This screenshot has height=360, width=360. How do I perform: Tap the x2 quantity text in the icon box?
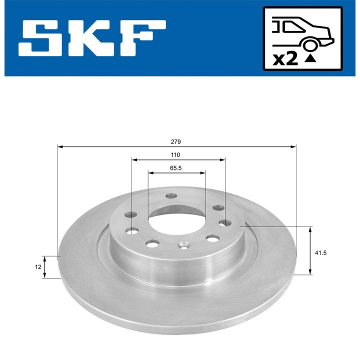tap(286, 59)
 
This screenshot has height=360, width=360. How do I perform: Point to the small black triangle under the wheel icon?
tap(310, 58)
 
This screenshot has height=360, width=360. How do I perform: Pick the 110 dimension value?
tap(175, 155)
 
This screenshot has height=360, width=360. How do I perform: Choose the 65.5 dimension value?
tap(175, 168)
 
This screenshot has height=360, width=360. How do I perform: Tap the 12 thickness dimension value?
tap(38, 267)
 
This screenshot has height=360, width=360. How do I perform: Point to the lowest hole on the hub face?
tap(183, 245)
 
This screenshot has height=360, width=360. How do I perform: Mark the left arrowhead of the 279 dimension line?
tap(60, 147)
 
